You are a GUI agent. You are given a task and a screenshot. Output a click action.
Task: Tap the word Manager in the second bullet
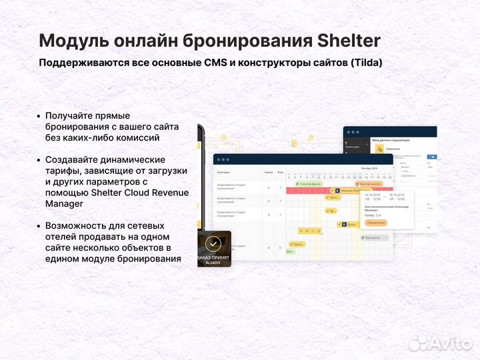(x=65, y=203)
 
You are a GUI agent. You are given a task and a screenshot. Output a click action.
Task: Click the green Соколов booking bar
(x=308, y=183)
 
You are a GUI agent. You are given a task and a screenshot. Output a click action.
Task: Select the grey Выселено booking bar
(x=373, y=237)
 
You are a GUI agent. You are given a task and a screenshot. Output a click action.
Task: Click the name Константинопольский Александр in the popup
(x=387, y=207)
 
